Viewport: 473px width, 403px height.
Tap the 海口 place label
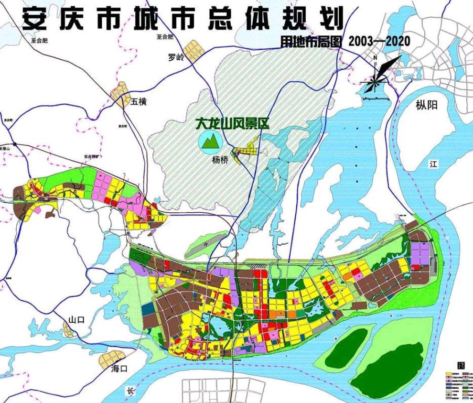[x=119, y=369]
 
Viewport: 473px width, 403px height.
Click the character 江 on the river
[x=433, y=164]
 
